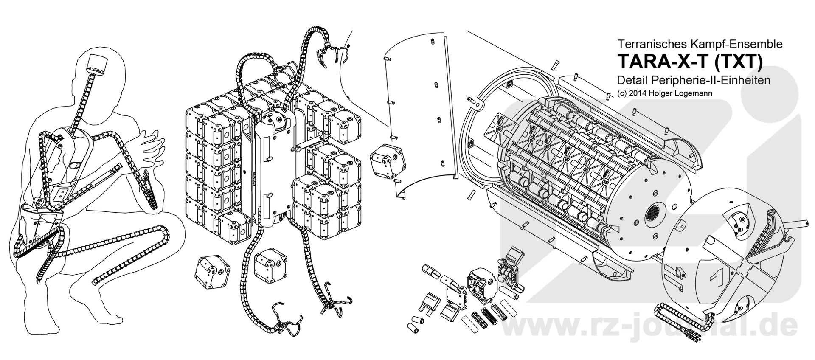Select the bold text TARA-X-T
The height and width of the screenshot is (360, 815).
pos(663,62)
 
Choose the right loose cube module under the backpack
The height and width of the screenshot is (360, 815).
pos(270,265)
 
